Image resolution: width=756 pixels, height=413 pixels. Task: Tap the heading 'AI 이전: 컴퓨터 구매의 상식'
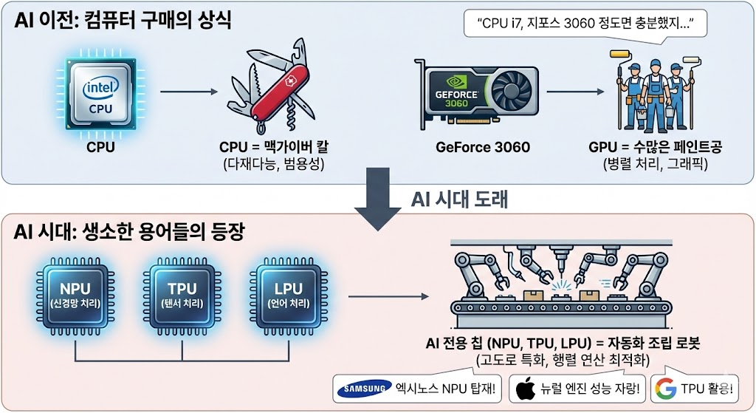tap(123, 20)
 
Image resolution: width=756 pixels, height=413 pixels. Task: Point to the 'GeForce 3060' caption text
tap(483, 146)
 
